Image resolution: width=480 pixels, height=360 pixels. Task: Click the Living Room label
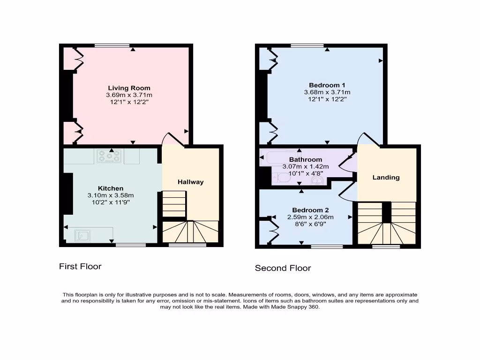(x=129, y=88)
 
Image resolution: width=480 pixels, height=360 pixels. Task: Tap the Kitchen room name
(x=111, y=188)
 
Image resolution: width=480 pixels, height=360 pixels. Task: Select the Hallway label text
(x=190, y=182)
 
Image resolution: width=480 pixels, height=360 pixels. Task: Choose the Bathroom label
(x=306, y=160)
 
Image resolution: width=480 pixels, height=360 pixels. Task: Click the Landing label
(x=386, y=177)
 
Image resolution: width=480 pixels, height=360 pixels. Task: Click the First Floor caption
(x=80, y=266)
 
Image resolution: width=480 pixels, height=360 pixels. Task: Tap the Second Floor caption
(x=283, y=268)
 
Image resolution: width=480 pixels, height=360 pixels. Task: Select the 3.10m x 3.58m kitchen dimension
(x=111, y=195)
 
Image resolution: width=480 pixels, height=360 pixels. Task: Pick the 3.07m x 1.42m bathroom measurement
(x=306, y=166)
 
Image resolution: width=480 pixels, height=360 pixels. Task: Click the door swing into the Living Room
(x=171, y=139)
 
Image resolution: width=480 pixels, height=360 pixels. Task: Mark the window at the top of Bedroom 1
(x=307, y=45)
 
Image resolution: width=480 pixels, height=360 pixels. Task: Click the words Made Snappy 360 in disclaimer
(x=294, y=307)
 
